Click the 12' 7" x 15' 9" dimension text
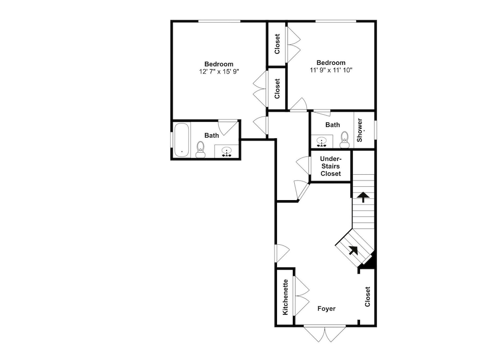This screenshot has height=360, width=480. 218,72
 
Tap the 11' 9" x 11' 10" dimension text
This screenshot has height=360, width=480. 331,70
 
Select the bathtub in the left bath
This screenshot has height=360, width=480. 181,140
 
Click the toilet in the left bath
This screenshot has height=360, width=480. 201,149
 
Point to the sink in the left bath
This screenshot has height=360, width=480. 226,151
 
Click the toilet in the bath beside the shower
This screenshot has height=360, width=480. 345,140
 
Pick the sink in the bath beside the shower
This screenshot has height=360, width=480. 322,142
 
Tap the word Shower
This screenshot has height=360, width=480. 360,130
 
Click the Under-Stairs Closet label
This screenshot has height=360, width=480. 331,166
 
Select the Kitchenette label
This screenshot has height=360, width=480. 285,297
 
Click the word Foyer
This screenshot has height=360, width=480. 326,309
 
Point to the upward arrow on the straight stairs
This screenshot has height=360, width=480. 363,197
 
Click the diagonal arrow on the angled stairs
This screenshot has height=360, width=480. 354,250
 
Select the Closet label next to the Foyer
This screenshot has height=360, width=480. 368,297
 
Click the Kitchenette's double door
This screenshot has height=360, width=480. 301,296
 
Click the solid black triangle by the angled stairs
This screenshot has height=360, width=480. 370,261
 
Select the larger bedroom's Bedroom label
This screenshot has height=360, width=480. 218,64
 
